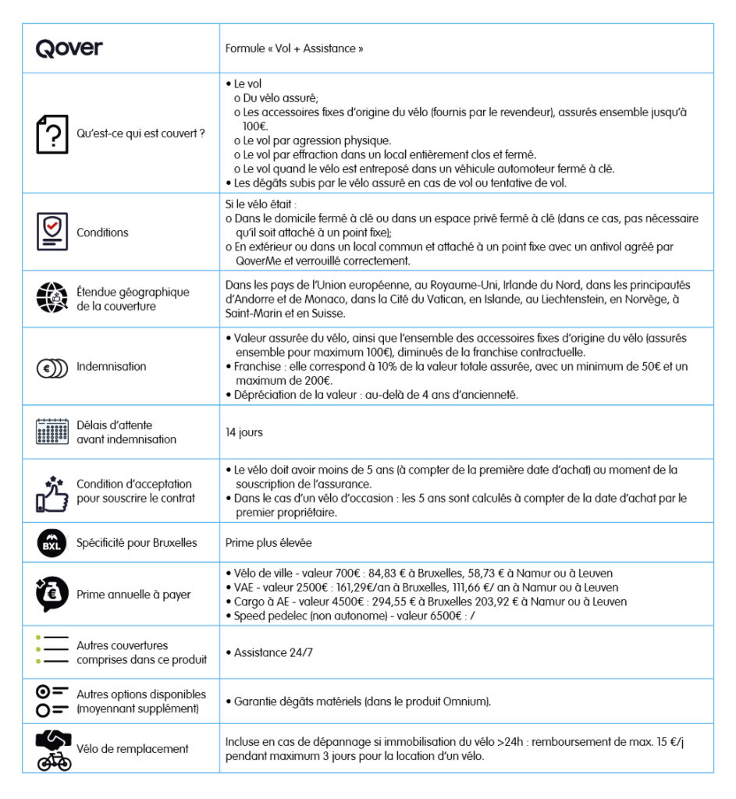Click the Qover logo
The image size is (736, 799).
pos(69,48)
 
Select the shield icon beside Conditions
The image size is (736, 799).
pos(52,232)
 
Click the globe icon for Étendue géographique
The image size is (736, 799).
pos(52,299)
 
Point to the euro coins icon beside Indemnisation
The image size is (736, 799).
pos(52,367)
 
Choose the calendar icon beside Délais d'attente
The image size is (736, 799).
pos(52,431)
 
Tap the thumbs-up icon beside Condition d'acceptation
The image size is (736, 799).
pos(52,491)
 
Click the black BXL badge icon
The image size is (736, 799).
pos(52,543)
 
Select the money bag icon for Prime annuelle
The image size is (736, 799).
pos(52,594)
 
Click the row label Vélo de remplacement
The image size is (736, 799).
pos(132,749)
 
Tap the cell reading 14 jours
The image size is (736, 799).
pos(244,431)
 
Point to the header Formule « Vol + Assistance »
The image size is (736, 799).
pos(294,48)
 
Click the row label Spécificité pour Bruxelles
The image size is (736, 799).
pos(137,543)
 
